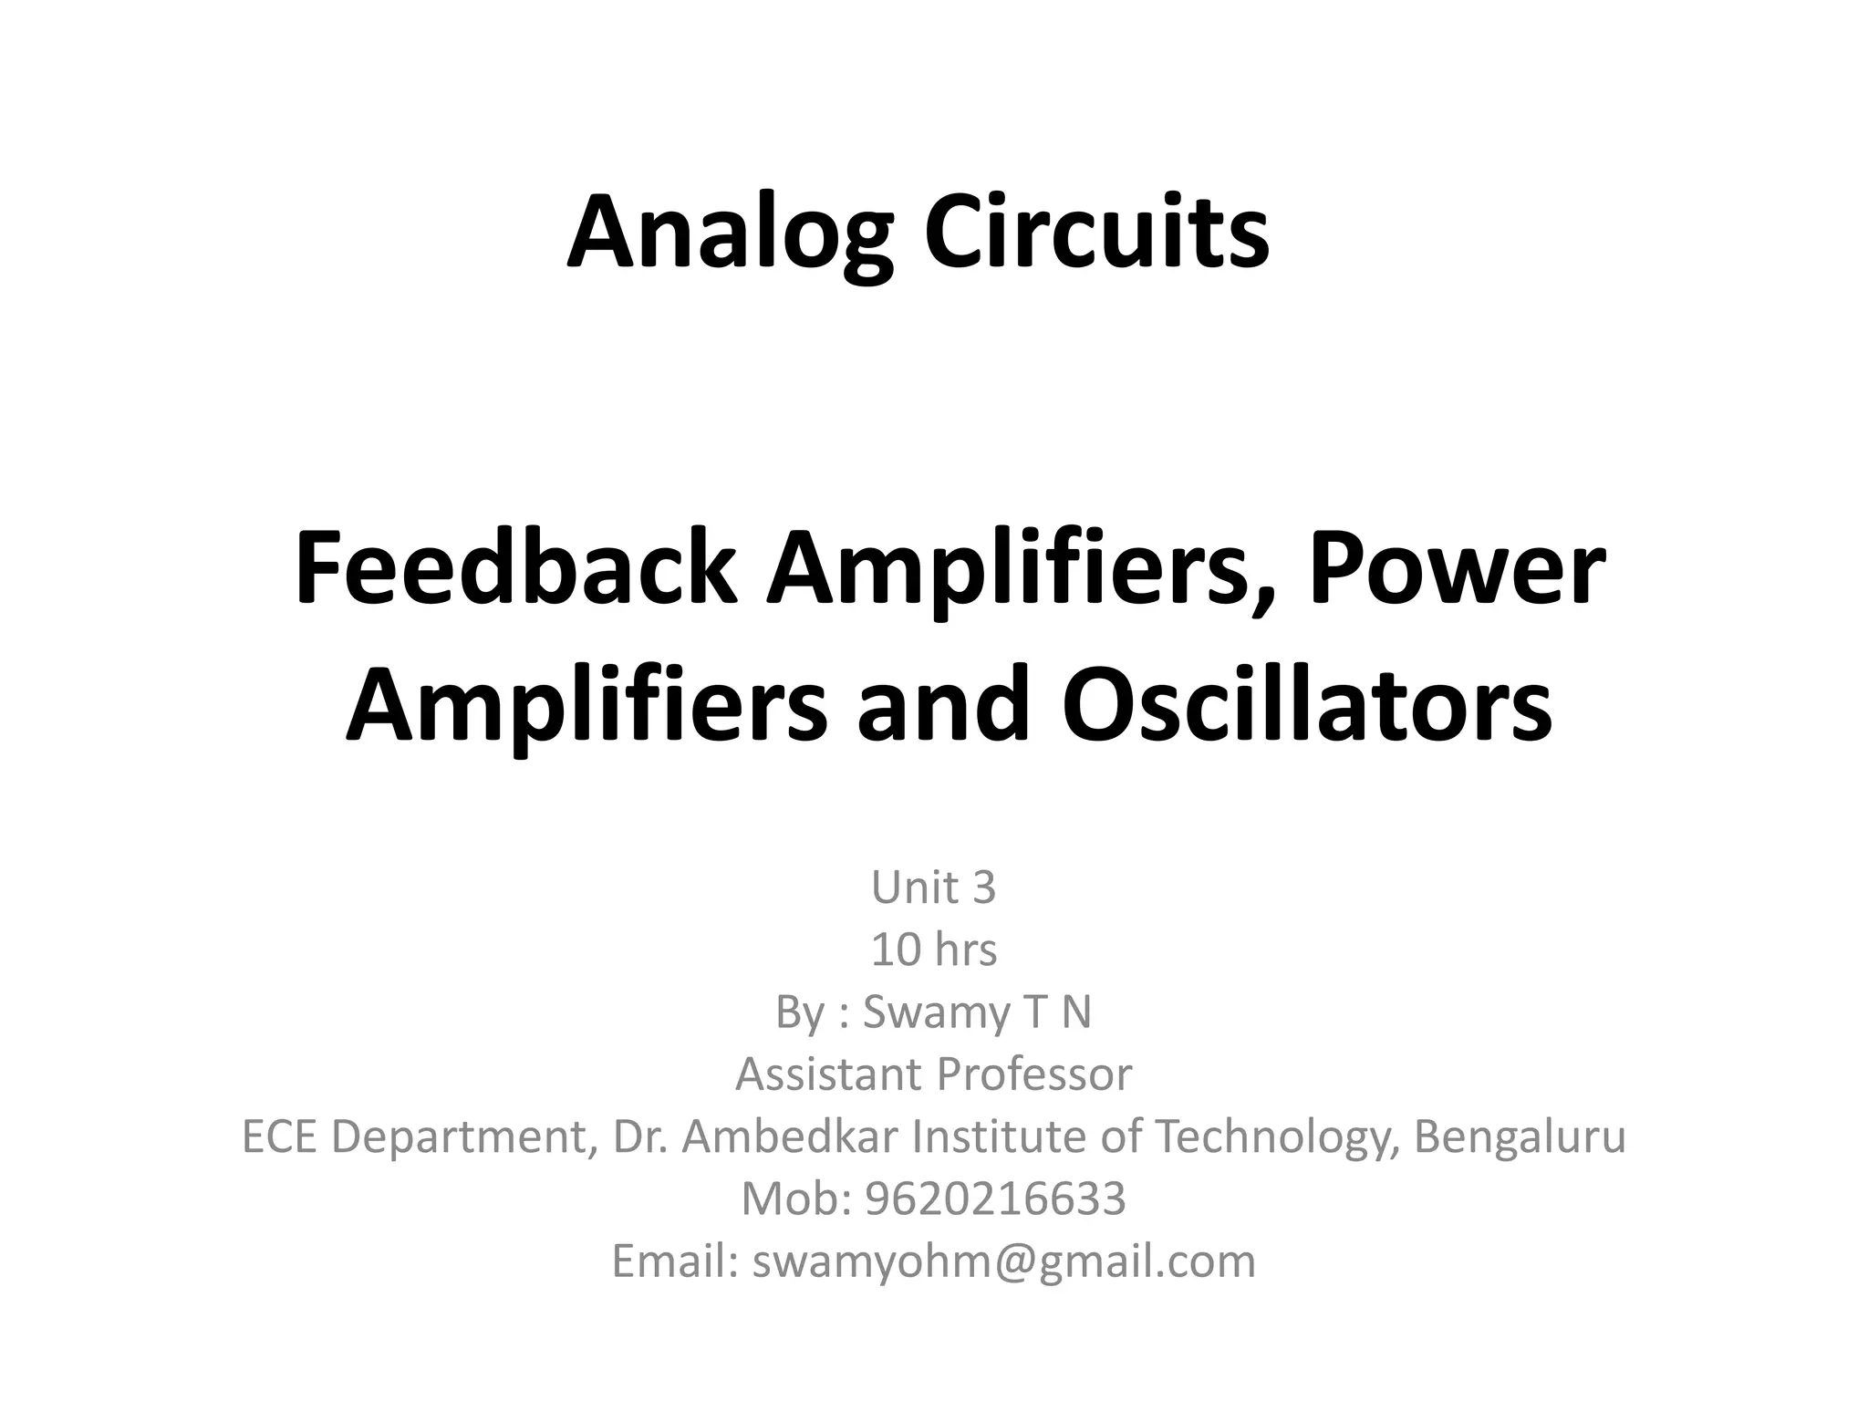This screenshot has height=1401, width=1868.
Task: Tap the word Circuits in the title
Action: point(1095,233)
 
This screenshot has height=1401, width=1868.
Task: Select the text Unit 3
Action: point(933,887)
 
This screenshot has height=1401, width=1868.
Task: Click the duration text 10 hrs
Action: point(933,950)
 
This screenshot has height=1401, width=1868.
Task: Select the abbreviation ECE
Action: point(279,1136)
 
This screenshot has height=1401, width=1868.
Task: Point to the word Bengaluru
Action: point(1520,1136)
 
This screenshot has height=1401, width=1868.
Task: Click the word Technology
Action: point(1268,1136)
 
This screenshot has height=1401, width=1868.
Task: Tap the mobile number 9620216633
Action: point(995,1199)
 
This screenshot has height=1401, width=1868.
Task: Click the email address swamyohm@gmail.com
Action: point(1003,1261)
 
